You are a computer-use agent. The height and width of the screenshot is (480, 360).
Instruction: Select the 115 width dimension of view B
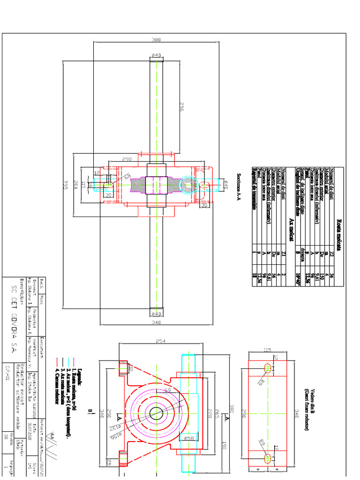coord(267,350)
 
